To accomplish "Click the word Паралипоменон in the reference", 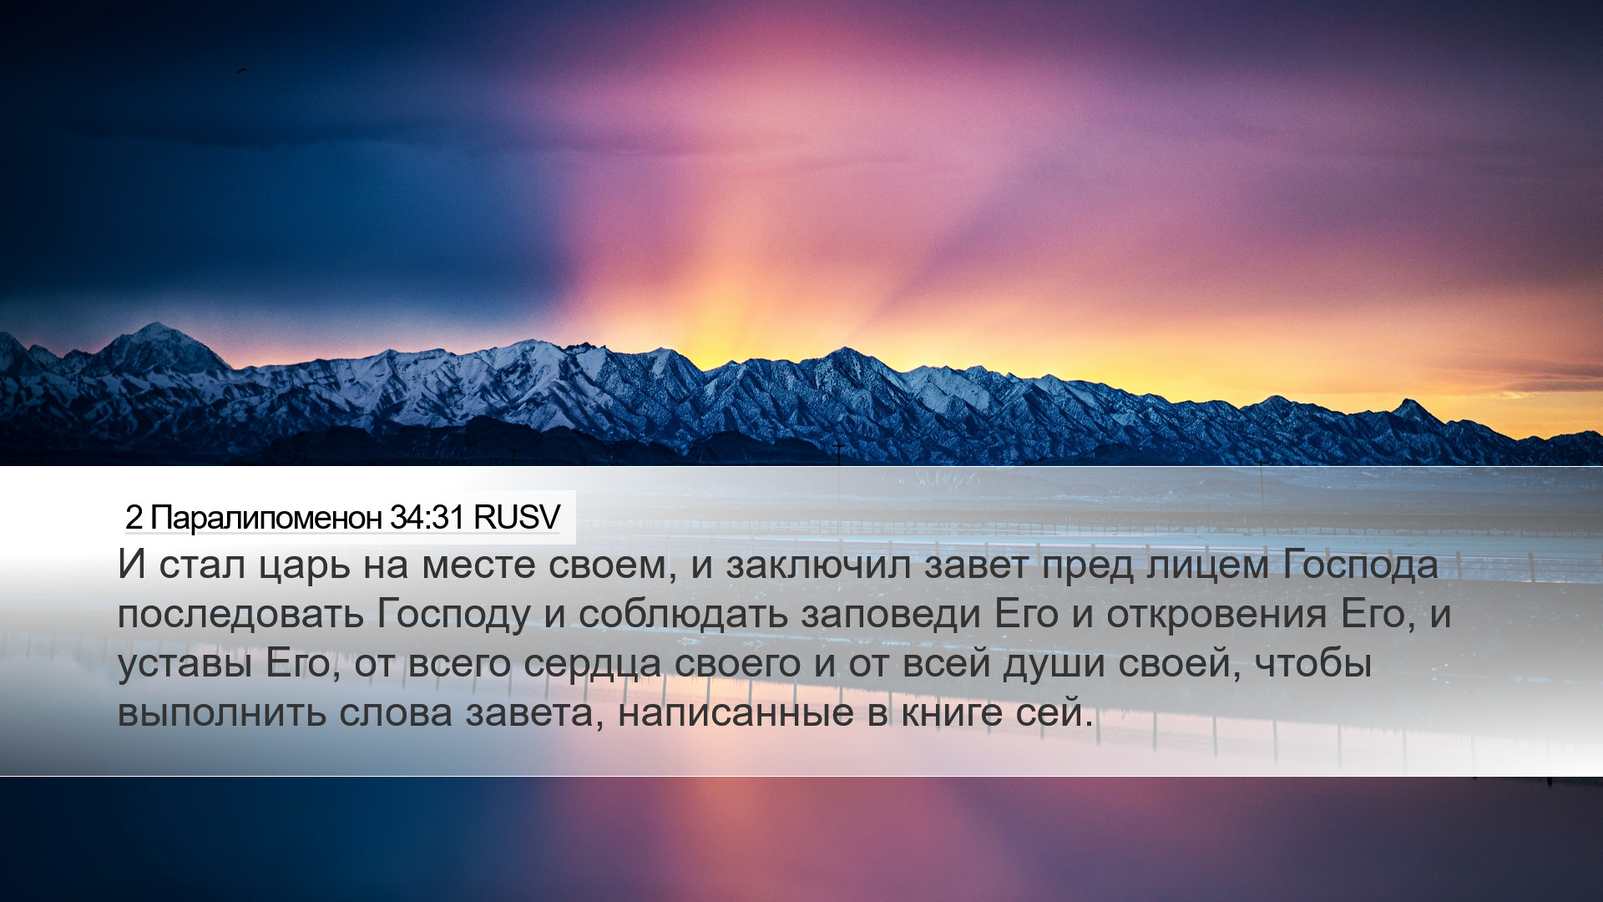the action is pos(266,519).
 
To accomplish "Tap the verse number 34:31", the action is pos(427,518).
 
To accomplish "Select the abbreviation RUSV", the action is pos(516,518).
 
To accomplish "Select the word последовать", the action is pos(240,615).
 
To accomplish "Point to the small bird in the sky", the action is pos(241,72).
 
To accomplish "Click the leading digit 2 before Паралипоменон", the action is pos(134,519).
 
